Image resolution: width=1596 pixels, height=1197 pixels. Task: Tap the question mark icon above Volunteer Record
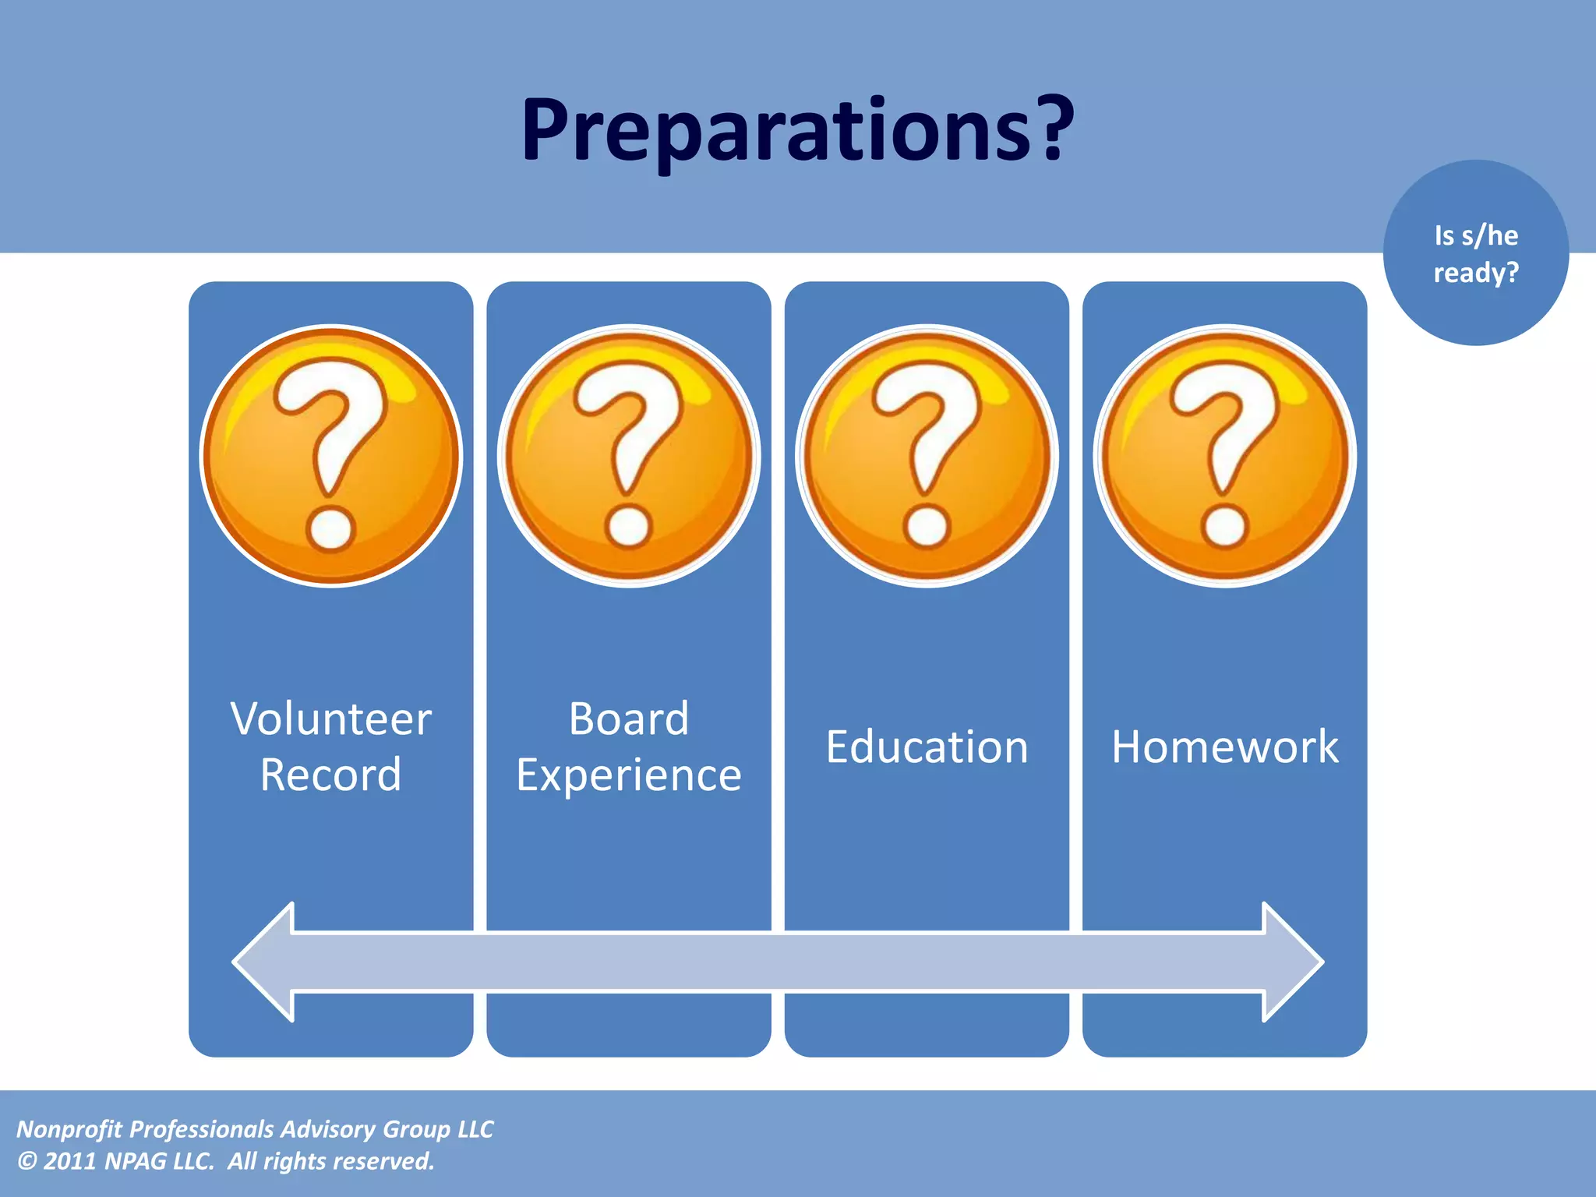click(331, 456)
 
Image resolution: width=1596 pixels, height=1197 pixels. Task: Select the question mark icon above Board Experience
click(629, 456)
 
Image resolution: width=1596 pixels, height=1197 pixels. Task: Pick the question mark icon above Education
click(927, 456)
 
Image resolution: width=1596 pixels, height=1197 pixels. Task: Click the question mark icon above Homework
click(1225, 456)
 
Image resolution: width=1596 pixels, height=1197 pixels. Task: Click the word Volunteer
click(331, 719)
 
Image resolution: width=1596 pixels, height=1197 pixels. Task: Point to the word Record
click(331, 775)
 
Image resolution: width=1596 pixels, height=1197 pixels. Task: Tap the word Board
click(629, 719)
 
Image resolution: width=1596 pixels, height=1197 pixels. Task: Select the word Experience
click(629, 775)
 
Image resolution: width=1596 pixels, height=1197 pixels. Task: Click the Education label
click(927, 747)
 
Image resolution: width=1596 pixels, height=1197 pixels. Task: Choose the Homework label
click(1225, 747)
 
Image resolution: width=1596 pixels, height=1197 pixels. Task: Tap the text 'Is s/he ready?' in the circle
click(1476, 254)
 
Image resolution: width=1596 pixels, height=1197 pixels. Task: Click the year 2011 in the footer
click(69, 1161)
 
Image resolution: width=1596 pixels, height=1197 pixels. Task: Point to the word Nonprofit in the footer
click(69, 1129)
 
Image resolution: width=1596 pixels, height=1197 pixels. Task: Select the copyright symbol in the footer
click(26, 1161)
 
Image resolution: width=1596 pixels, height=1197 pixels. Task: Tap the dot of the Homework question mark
click(1225, 526)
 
